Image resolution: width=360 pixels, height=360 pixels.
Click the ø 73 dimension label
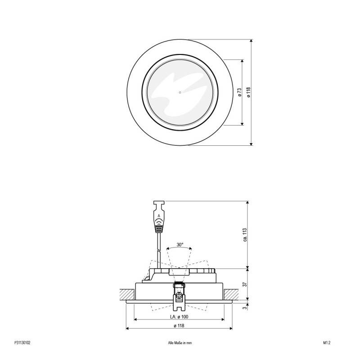click(239, 92)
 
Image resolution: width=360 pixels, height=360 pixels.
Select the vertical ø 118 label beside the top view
click(248, 92)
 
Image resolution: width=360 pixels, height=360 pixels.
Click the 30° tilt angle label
click(180, 245)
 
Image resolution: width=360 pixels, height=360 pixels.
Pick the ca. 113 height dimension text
click(245, 235)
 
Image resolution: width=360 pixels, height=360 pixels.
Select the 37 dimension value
click(245, 284)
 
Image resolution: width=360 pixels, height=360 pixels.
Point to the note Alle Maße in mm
click(180, 342)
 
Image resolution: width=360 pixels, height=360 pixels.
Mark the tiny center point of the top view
click(180, 93)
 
